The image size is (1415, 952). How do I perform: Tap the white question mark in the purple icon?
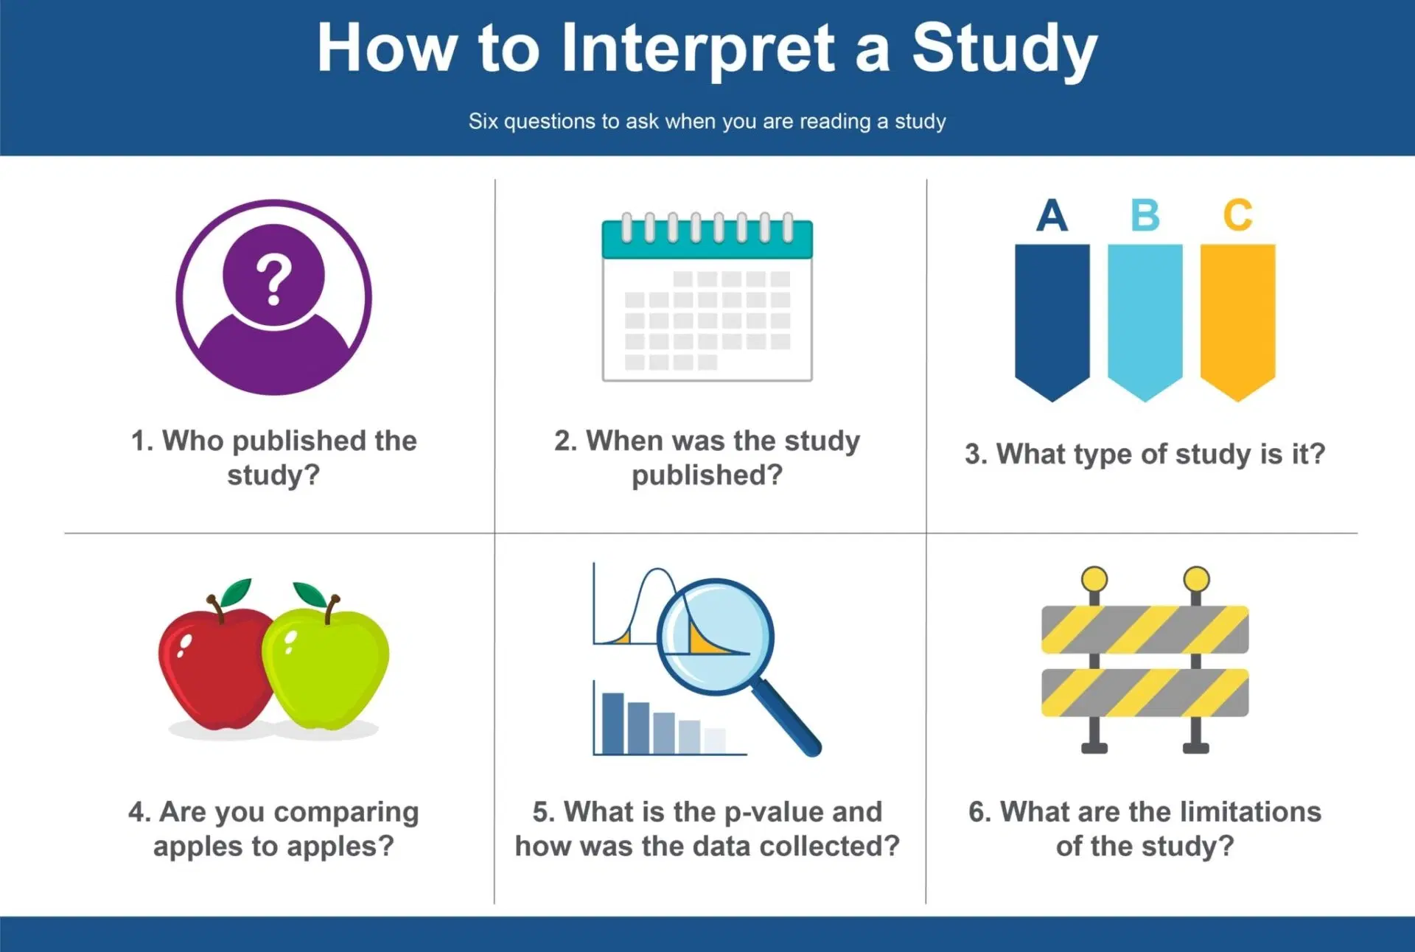[x=273, y=280]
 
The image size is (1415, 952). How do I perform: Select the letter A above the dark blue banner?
[x=1052, y=215]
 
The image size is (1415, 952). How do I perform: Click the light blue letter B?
[x=1145, y=215]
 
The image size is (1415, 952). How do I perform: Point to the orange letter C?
[x=1237, y=215]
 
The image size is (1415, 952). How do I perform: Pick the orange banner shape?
[x=1237, y=321]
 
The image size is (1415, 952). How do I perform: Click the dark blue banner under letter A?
[x=1052, y=321]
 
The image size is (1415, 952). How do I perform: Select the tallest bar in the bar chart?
[x=612, y=723]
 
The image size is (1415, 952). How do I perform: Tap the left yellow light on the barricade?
[x=1094, y=579]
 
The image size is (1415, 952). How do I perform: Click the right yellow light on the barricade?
[x=1196, y=579]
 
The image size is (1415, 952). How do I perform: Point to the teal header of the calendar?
[x=707, y=239]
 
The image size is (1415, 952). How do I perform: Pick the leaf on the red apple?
[x=237, y=592]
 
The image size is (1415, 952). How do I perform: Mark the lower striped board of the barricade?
[x=1145, y=693]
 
